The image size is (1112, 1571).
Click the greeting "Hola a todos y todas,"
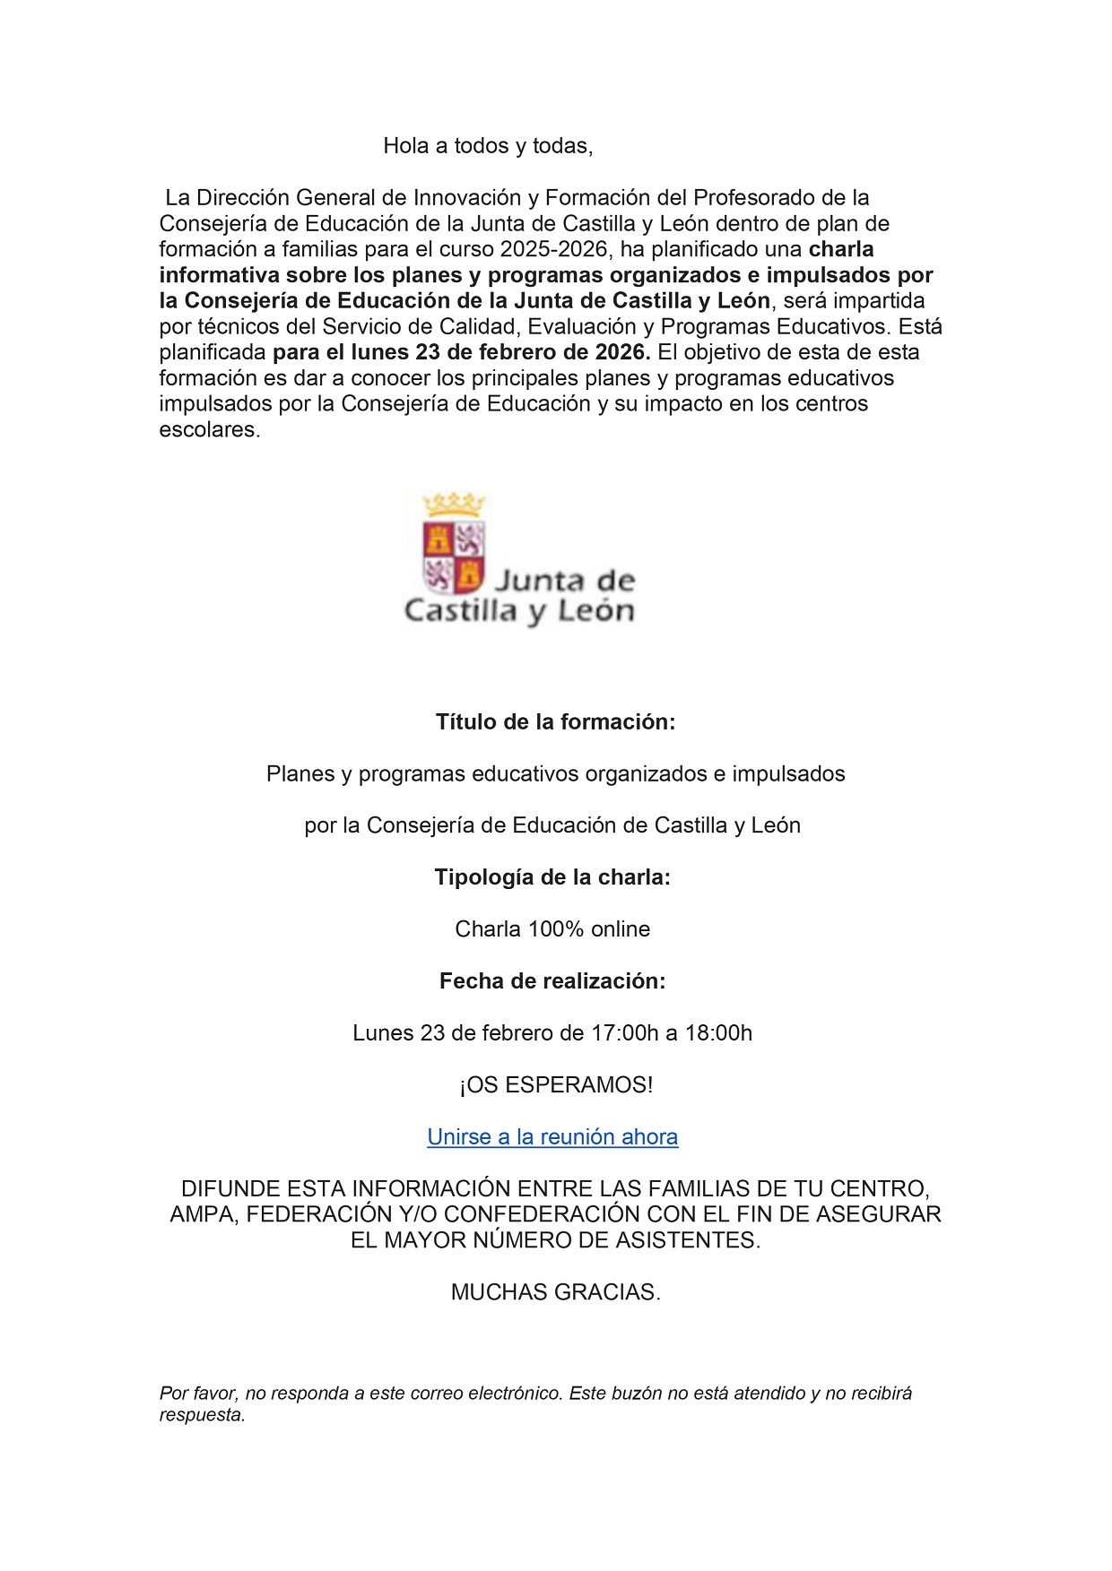pos(488,146)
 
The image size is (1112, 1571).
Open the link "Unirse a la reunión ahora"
pos(552,1137)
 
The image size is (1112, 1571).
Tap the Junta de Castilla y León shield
pos(454,556)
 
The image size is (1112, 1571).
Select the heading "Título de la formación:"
pos(555,722)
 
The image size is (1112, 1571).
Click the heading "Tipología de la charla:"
pos(552,877)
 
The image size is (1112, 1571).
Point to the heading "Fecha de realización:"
pos(552,981)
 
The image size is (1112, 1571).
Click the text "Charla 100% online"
pos(552,929)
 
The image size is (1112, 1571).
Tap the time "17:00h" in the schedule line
pos(625,1033)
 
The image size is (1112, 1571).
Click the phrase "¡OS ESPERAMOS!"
pos(556,1085)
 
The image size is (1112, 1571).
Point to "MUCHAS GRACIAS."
pos(555,1292)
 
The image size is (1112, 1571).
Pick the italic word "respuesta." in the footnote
pos(203,1415)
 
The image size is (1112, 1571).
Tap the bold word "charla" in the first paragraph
pos(841,249)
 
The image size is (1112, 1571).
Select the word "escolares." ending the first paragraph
pos(210,430)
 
